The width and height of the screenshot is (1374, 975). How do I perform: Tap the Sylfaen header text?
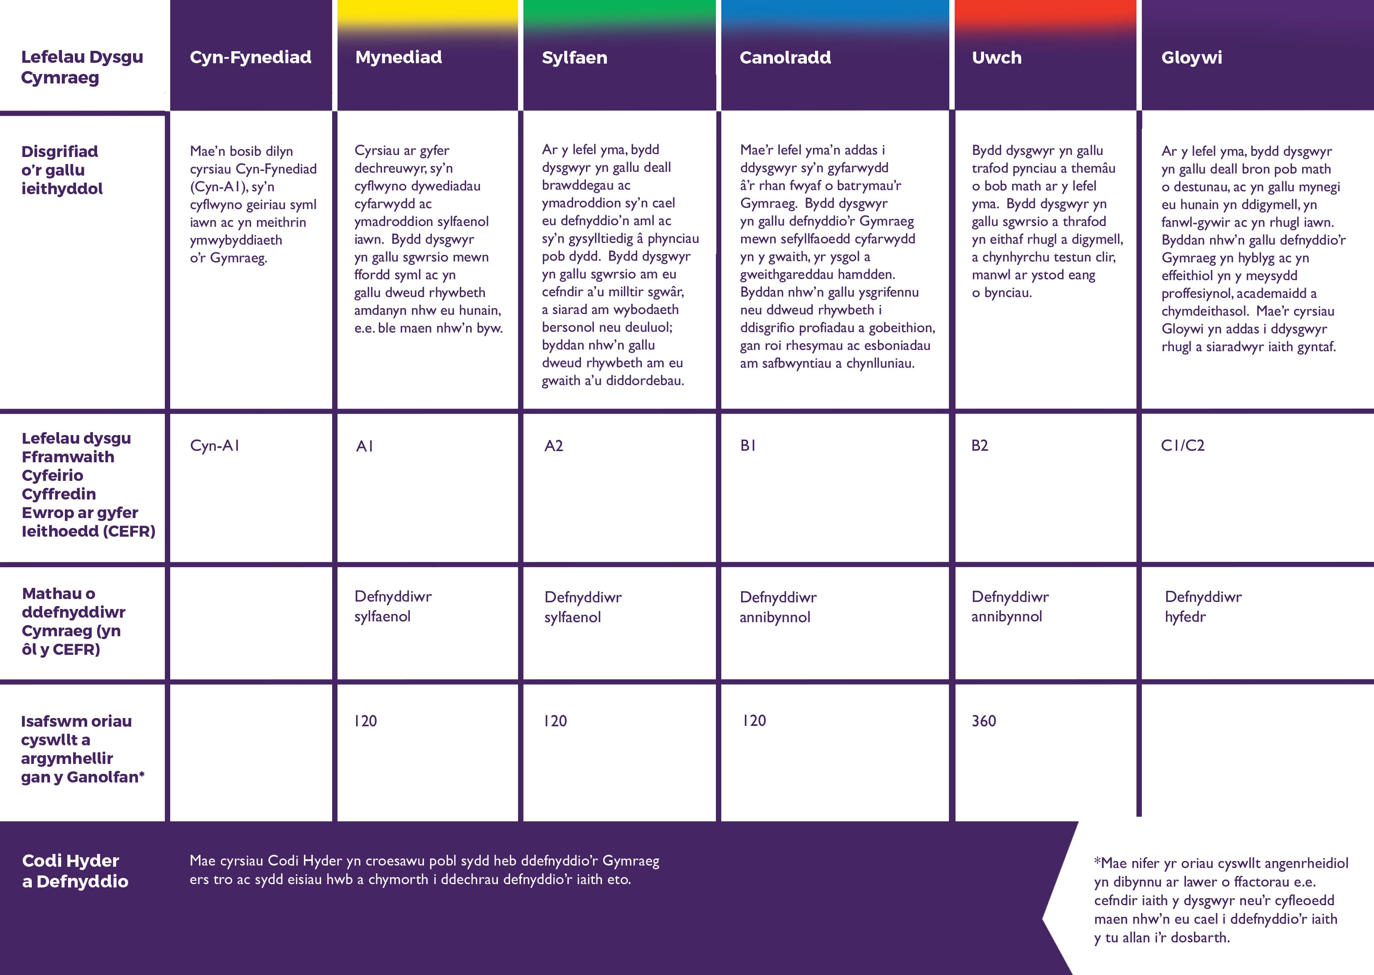[x=575, y=58]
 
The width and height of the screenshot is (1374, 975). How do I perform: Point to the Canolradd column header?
[x=785, y=58]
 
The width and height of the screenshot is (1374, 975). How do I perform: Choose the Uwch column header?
[x=996, y=58]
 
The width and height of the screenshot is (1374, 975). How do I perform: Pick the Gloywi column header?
[x=1191, y=58]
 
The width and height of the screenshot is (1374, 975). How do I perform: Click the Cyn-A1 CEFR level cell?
[x=215, y=445]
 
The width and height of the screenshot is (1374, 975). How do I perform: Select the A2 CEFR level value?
[x=554, y=445]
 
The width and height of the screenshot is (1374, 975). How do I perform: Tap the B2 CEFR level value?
[x=979, y=445]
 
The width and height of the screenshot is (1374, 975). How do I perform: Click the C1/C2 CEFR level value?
[x=1182, y=445]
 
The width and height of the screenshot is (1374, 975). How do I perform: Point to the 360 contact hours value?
[x=984, y=721]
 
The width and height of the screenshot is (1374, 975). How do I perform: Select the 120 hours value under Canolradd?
[x=754, y=721]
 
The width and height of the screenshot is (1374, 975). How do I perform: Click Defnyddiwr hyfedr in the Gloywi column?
[x=1203, y=606]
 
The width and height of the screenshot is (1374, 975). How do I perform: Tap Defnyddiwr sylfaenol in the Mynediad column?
[x=392, y=606]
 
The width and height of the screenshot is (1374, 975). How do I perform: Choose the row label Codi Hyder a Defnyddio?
[x=75, y=871]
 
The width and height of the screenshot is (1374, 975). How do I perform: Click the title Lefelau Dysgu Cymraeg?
[x=82, y=67]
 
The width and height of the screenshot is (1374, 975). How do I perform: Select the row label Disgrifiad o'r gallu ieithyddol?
[x=62, y=170]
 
